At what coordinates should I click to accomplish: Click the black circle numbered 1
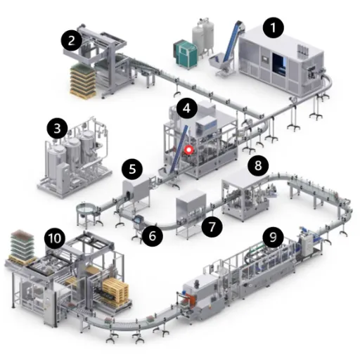click(x=273, y=27)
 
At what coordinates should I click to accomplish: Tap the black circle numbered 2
click(x=72, y=40)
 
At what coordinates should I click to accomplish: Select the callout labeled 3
click(x=57, y=128)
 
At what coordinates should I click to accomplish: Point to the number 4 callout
click(x=186, y=108)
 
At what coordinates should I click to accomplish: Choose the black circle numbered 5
click(x=132, y=169)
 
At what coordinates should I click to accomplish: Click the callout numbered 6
click(x=153, y=236)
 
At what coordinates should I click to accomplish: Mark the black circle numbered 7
click(x=212, y=226)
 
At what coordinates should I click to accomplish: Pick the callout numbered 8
click(x=258, y=165)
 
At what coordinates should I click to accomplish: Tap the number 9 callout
click(x=273, y=237)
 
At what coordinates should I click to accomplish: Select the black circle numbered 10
click(x=55, y=238)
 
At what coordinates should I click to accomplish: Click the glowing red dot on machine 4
click(x=188, y=150)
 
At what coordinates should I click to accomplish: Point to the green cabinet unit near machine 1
click(x=186, y=53)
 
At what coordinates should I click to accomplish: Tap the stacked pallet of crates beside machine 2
click(x=83, y=81)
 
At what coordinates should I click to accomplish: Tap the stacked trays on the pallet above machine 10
click(x=22, y=244)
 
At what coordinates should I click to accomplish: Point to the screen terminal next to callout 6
click(x=138, y=220)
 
